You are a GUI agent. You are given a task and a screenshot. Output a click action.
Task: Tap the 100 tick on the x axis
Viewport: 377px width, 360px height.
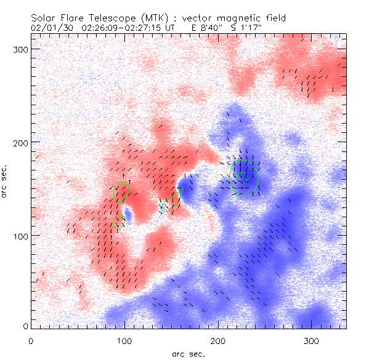(124, 340)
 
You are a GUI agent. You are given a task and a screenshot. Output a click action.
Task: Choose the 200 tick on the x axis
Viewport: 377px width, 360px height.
(218, 340)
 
